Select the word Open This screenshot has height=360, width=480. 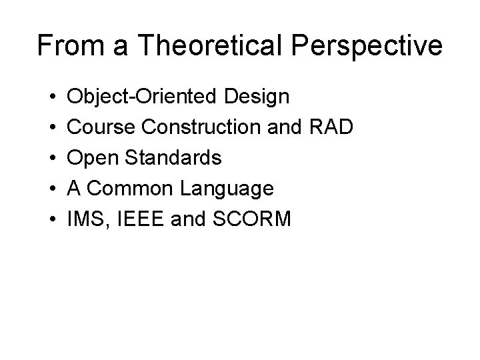coord(94,159)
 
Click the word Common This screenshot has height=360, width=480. coord(126,189)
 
